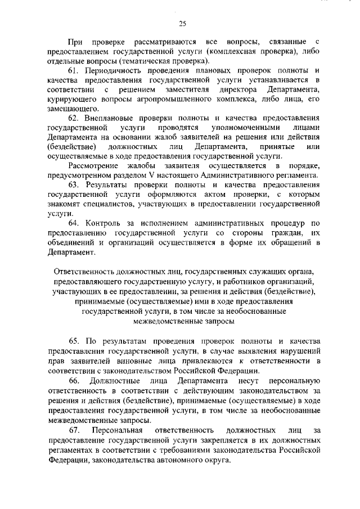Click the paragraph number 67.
click(73, 430)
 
